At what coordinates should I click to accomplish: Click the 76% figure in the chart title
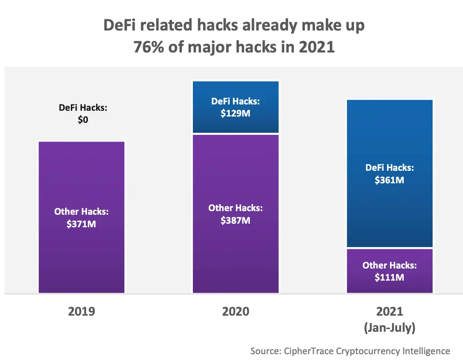click(150, 47)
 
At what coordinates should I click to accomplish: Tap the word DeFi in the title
click(119, 25)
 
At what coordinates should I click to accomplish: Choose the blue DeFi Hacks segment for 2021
click(389, 134)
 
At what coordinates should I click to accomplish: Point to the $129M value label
click(236, 113)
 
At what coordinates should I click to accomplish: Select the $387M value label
click(236, 220)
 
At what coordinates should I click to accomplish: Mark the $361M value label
click(389, 180)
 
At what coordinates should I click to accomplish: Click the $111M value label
click(389, 278)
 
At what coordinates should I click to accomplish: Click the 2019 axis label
click(81, 311)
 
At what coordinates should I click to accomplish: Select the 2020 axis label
click(236, 311)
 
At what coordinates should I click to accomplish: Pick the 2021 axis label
click(389, 311)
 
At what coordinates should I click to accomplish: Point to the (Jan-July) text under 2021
click(389, 328)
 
